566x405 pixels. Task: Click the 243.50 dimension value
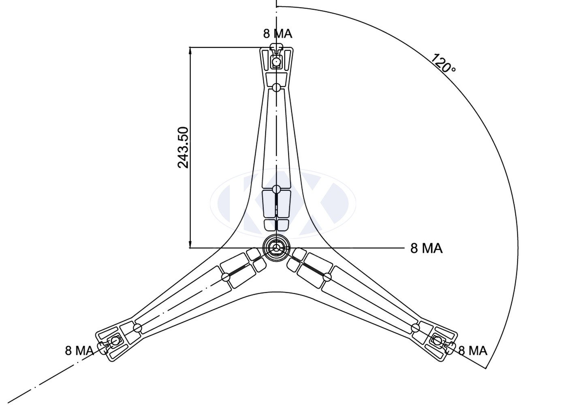coord(183,147)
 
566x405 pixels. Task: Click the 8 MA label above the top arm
coord(278,33)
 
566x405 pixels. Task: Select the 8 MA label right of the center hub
coord(426,248)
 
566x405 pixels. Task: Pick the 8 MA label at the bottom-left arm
coord(79,350)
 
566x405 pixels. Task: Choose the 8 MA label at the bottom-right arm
coord(472,350)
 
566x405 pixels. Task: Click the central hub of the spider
coord(276,248)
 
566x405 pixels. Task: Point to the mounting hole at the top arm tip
coord(276,62)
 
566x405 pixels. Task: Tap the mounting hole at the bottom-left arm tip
coord(115,341)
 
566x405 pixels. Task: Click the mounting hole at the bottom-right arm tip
coord(437,341)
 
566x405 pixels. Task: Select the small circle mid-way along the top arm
coord(276,189)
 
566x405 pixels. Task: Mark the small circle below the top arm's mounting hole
coord(276,87)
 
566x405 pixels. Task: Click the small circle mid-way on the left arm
coord(226,277)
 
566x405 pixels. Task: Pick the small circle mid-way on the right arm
coord(327,277)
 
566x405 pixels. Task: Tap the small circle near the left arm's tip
coord(137,328)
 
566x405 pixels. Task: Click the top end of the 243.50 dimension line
coord(190,48)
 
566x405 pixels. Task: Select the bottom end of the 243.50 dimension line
coord(190,247)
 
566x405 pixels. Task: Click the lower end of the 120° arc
coord(486,368)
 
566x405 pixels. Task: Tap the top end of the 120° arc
coord(277,6)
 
